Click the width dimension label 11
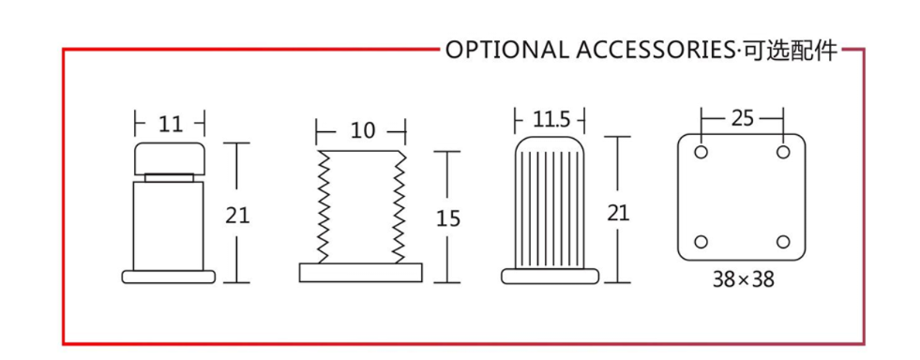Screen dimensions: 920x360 point(171,125)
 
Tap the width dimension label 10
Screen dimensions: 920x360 point(363,130)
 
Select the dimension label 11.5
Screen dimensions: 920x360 point(550,119)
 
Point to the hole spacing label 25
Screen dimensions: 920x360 point(742,118)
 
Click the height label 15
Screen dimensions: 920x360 point(448,218)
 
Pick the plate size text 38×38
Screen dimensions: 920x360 point(743,280)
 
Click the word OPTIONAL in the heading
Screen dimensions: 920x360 point(507,51)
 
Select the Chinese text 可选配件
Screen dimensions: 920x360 point(789,51)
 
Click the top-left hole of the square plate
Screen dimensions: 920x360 point(701,153)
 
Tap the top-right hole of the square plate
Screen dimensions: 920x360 point(783,153)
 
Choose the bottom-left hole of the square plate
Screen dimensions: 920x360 point(701,242)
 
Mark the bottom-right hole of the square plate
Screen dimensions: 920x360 point(783,242)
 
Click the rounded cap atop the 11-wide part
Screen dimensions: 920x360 point(169,157)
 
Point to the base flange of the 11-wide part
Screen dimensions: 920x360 point(169,277)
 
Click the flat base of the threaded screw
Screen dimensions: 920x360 point(360,272)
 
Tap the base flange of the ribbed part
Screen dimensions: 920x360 point(550,277)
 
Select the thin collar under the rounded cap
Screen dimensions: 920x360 point(169,177)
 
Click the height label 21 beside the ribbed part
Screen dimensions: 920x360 point(618,213)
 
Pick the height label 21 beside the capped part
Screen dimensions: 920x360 point(237,216)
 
